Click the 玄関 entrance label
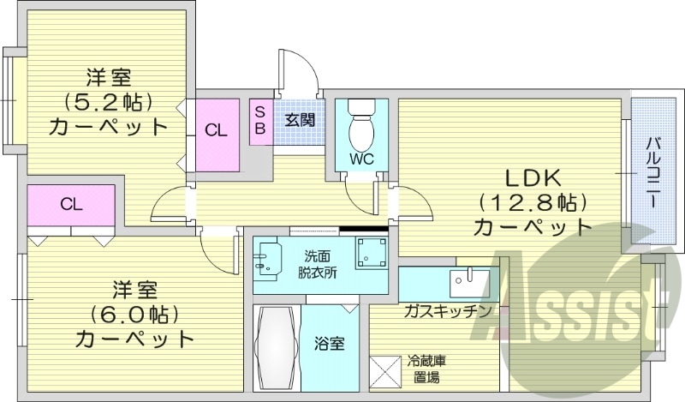tap(299, 120)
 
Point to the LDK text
tap(531, 179)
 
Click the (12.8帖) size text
tap(532, 203)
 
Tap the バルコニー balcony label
tap(652, 172)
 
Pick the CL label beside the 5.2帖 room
tap(217, 131)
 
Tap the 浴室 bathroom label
tap(331, 345)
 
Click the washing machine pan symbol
tap(372, 253)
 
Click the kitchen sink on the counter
tap(469, 280)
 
